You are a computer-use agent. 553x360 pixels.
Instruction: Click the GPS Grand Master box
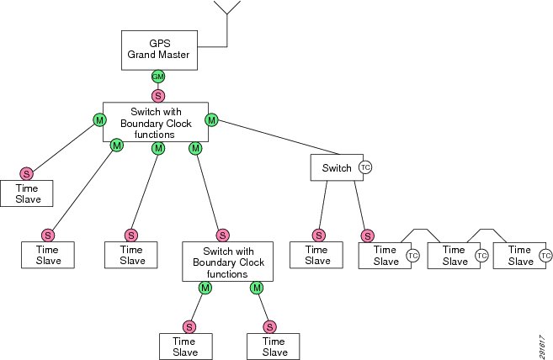[x=159, y=50]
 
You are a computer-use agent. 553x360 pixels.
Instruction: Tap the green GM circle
[x=158, y=77]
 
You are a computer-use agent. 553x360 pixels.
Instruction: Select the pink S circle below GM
[x=158, y=96]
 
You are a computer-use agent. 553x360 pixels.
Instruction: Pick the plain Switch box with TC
[x=337, y=167]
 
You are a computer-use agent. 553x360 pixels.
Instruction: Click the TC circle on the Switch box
[x=365, y=167]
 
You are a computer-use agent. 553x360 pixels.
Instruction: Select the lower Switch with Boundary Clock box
[x=227, y=262]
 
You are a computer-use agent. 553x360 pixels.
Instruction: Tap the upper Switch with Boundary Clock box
[x=156, y=122]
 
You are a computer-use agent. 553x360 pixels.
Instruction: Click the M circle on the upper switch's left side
[x=99, y=120]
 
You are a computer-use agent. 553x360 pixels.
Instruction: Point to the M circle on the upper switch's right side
[x=211, y=120]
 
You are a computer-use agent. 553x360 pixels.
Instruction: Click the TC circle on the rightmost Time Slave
[x=545, y=256]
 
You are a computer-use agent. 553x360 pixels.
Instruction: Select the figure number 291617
[x=542, y=347]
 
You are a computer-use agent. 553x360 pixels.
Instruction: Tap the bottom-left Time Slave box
[x=186, y=347]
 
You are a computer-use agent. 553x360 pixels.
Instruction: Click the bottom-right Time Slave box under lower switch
[x=274, y=347]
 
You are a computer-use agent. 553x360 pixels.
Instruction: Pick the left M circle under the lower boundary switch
[x=205, y=288]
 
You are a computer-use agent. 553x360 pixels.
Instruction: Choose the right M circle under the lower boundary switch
[x=257, y=288]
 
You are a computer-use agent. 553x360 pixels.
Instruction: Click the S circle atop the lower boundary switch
[x=222, y=236]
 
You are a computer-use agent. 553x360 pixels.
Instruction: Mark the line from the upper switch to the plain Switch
[x=279, y=137]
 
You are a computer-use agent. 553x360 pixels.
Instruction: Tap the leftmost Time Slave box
[x=27, y=193]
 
